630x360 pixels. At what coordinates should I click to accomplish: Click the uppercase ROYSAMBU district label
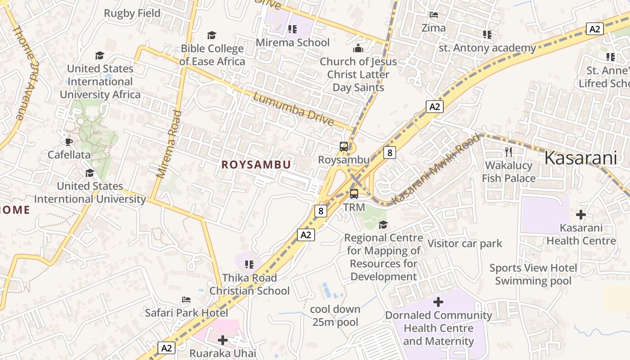coord(256,165)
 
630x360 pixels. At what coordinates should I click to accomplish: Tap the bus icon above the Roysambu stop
coord(343,147)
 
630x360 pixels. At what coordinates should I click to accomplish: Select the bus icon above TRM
coord(354,194)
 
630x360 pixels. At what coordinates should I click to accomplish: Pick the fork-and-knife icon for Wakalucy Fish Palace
coord(508,152)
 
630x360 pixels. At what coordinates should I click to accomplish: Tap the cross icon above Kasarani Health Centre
coord(581,215)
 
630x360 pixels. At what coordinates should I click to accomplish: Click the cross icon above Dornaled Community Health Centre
coord(438,302)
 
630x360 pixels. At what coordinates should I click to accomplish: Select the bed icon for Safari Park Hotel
coord(186,300)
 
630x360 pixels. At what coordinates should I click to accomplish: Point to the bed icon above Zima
coord(433,15)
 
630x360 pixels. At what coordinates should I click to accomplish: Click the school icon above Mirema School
coord(292,30)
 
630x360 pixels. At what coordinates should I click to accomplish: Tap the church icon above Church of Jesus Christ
coord(358,48)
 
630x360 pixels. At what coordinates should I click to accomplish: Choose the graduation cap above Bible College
coord(211,35)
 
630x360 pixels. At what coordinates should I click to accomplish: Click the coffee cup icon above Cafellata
coord(68,142)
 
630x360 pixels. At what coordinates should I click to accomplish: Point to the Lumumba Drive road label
coord(293,109)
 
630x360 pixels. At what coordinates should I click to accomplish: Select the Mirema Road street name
coord(169,144)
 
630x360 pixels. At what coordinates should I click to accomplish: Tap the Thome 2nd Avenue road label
coord(26,72)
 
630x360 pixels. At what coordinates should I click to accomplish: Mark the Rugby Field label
coord(132,13)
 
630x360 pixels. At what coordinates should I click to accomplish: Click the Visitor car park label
coord(464,244)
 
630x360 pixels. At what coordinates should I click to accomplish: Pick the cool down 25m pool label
coord(335,315)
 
